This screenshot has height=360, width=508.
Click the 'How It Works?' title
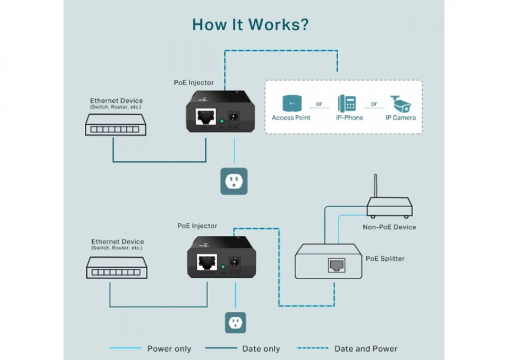(x=250, y=25)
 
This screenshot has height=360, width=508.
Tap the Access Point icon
(x=291, y=103)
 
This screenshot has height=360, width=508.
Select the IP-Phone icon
(x=347, y=103)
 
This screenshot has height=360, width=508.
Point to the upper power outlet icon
(x=234, y=181)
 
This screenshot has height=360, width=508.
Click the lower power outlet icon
(x=235, y=323)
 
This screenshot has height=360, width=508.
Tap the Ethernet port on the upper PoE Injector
(x=206, y=116)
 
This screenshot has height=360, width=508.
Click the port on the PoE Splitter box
(x=336, y=265)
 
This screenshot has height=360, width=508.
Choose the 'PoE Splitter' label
(x=385, y=258)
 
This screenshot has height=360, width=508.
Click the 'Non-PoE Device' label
(x=389, y=227)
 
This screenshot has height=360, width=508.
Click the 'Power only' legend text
(x=169, y=349)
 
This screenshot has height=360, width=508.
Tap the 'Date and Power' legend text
(x=366, y=349)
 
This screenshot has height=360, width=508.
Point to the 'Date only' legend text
(x=261, y=349)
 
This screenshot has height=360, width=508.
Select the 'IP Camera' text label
(x=400, y=118)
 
